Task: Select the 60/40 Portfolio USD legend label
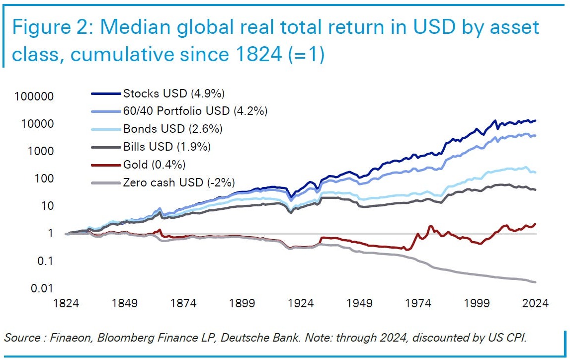coord(195,111)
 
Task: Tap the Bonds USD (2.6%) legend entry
coord(172,129)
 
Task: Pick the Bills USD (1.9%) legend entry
coord(167,147)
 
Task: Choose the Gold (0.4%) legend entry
coord(154,165)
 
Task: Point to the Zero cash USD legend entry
coord(179,182)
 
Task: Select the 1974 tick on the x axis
coord(418,303)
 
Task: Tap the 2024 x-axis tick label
coord(535,303)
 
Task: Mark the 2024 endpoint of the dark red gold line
coord(535,224)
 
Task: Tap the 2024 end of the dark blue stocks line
coord(535,120)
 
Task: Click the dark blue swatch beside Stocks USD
coord(106,93)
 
